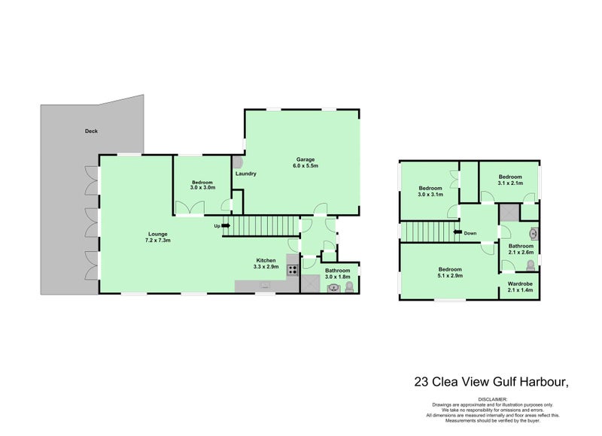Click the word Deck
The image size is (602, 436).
[x=91, y=131]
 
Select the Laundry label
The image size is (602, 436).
[x=246, y=174]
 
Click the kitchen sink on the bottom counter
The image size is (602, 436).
[x=264, y=286]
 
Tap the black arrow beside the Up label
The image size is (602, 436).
[x=225, y=226]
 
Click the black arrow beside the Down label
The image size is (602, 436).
[x=457, y=233]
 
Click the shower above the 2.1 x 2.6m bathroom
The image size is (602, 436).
[x=509, y=212]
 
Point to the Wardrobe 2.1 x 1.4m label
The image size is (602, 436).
[x=520, y=286]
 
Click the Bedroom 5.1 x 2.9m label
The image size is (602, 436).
[x=451, y=272]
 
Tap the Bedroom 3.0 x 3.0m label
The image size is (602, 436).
[x=202, y=185]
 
